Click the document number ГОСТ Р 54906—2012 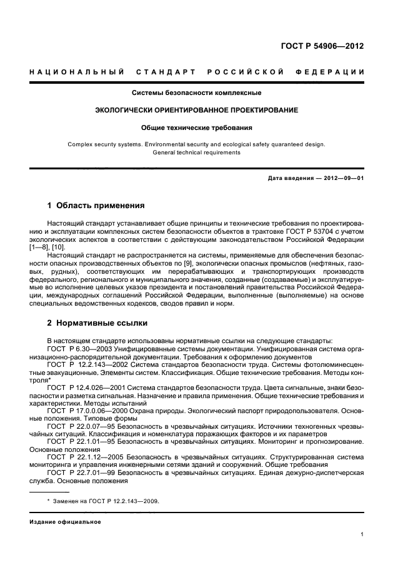(x=326, y=46)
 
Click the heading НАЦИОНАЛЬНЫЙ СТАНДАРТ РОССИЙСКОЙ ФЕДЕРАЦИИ (x=197, y=72)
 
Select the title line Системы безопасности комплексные (x=196, y=93)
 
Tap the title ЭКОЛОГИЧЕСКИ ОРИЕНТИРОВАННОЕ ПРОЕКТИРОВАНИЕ (x=196, y=110)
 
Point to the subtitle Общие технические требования (x=196, y=127)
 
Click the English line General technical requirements (x=196, y=152)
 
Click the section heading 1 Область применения (x=96, y=205)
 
